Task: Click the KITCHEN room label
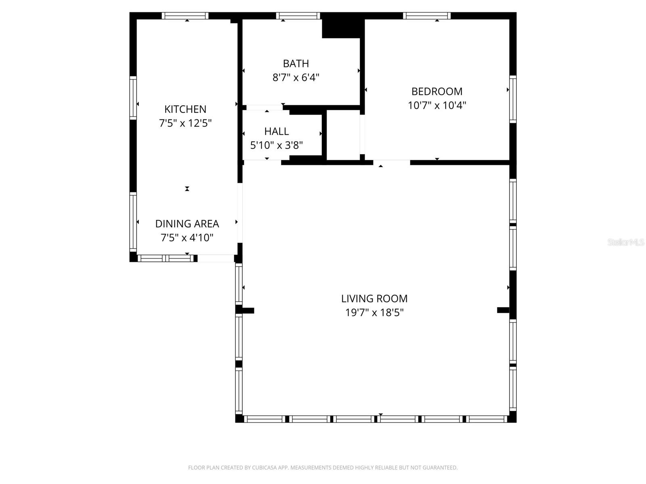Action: [x=185, y=109]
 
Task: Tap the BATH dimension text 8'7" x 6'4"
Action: [x=296, y=77]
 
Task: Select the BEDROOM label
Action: [x=437, y=92]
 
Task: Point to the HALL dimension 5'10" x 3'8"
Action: [x=277, y=145]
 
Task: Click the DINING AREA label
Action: [x=187, y=224]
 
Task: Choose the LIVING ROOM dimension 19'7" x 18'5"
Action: [x=374, y=313]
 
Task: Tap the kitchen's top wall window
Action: [x=185, y=16]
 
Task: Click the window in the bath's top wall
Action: [x=298, y=16]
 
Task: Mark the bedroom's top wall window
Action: [x=427, y=16]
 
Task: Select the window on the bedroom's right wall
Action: [x=513, y=99]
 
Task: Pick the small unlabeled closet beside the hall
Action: [x=343, y=135]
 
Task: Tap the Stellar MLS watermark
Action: [x=625, y=242]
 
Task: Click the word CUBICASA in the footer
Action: [x=264, y=468]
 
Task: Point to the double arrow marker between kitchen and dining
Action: [x=187, y=189]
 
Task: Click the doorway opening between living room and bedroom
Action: [x=391, y=163]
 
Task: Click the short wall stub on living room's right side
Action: [x=504, y=310]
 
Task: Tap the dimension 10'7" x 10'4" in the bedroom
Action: [x=437, y=106]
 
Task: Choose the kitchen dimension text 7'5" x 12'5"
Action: [x=185, y=123]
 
